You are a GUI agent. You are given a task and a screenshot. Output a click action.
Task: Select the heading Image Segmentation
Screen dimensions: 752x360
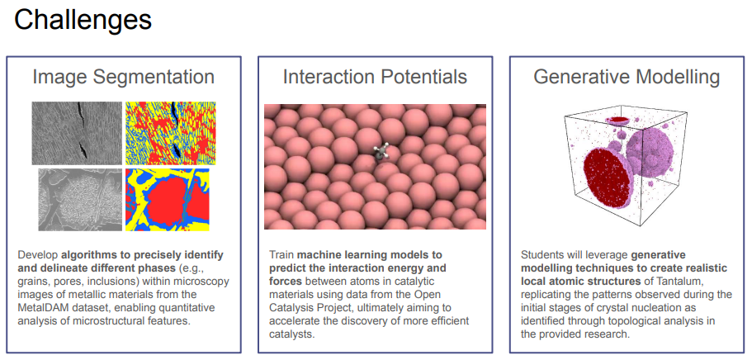coord(123,78)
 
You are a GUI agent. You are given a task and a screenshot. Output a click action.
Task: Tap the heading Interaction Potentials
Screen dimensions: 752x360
coord(375,77)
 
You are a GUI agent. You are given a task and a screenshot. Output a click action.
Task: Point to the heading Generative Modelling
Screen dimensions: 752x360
coord(627,77)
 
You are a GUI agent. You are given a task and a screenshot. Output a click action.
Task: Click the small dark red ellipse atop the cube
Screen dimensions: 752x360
coord(618,119)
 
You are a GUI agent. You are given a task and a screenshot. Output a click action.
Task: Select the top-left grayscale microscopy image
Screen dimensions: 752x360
coord(77,133)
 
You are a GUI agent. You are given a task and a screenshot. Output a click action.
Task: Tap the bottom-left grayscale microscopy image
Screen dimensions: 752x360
coord(80,200)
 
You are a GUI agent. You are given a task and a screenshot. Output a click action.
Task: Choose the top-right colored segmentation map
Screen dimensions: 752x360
coord(171,133)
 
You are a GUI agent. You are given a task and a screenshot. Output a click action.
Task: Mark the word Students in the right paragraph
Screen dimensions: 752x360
coord(540,254)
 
